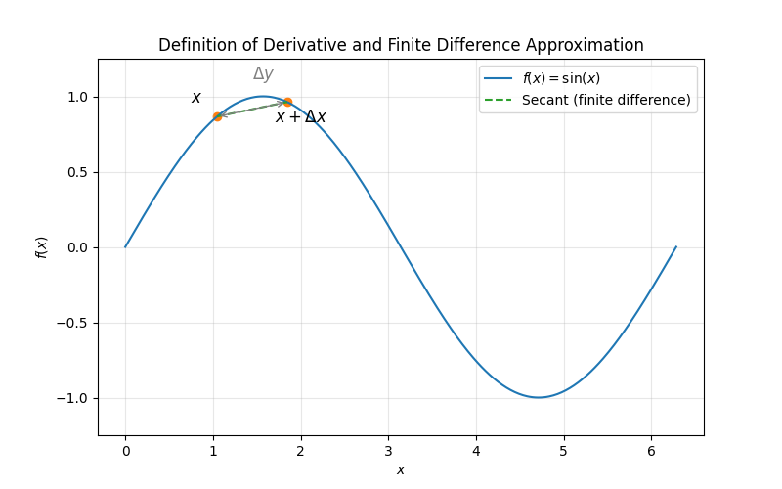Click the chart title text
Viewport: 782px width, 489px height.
401,45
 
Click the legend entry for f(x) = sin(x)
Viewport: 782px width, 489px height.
561,78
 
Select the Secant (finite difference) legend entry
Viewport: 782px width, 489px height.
606,100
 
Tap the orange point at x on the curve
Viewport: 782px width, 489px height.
217,116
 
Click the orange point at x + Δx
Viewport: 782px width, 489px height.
287,102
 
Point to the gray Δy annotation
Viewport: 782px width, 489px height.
263,74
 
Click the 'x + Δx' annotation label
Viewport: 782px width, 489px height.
300,117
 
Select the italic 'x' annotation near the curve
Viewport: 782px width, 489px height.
196,98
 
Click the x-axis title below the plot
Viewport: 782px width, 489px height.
401,469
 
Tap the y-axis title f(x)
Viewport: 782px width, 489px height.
41,247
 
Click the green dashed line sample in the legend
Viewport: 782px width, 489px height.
500,100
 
